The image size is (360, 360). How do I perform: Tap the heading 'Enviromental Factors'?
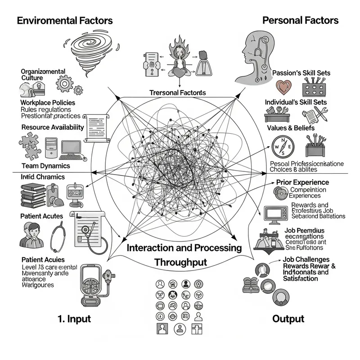pos(65,20)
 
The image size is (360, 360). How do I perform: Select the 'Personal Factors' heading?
pos(300,20)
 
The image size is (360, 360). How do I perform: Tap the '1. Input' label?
pos(75,319)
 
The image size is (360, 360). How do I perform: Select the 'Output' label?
pos(288,319)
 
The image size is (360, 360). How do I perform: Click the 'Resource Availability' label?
pos(52,127)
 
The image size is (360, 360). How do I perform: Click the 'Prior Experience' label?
pos(302,182)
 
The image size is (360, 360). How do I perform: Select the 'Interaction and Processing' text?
pos(184,248)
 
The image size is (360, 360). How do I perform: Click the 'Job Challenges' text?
pos(306,260)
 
